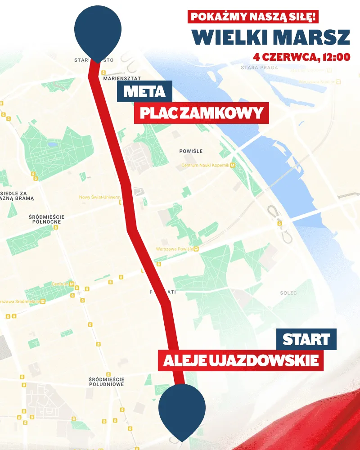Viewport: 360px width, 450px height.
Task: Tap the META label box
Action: pyautogui.click(x=144, y=91)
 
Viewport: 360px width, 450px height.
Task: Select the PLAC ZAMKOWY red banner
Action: pyautogui.click(x=201, y=113)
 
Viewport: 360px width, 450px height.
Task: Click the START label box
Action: pyautogui.click(x=306, y=340)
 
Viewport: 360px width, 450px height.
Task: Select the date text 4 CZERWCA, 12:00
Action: pyautogui.click(x=302, y=57)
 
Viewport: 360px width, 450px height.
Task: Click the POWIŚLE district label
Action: pyautogui.click(x=191, y=151)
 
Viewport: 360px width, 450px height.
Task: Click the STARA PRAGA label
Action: pyautogui.click(x=259, y=67)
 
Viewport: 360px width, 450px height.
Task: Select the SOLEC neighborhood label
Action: pyautogui.click(x=288, y=293)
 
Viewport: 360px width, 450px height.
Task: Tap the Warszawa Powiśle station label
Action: pyautogui.click(x=175, y=249)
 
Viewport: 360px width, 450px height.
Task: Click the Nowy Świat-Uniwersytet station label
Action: pyautogui.click(x=100, y=197)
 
